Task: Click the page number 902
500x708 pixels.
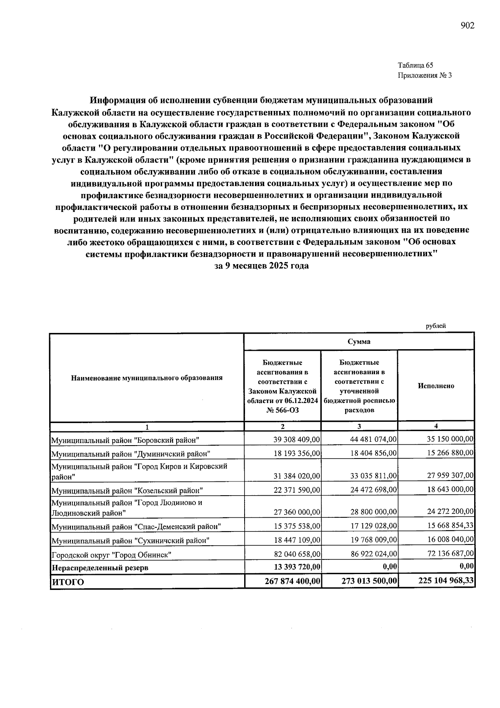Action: click(x=467, y=26)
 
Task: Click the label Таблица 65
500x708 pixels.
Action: click(x=415, y=65)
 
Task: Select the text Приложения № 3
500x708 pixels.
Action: click(x=425, y=76)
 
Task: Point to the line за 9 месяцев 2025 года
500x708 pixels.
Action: click(x=261, y=266)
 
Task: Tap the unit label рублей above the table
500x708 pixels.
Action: click(x=435, y=326)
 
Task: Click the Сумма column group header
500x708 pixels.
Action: click(x=359, y=341)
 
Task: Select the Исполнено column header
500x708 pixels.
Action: click(x=436, y=385)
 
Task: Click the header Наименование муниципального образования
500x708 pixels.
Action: click(x=147, y=378)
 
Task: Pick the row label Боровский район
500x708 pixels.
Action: click(x=125, y=440)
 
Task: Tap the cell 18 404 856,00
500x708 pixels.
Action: click(x=373, y=453)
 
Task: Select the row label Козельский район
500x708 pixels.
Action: click(x=127, y=490)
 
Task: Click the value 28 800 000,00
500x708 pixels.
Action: click(x=373, y=511)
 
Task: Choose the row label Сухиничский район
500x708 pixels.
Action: click(x=130, y=541)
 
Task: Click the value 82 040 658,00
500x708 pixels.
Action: click(x=297, y=554)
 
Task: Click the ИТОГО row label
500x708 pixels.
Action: click(x=67, y=582)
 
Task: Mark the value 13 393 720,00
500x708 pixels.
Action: click(x=293, y=567)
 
